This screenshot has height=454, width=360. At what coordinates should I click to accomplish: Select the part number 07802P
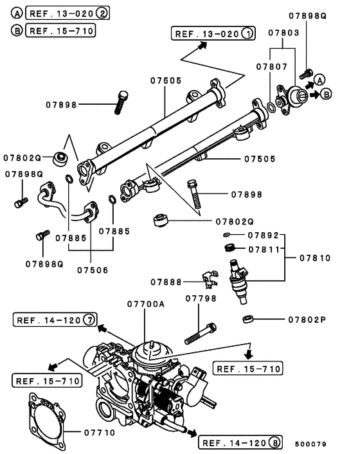(x=307, y=319)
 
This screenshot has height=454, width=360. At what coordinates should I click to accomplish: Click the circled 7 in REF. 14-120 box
(x=89, y=320)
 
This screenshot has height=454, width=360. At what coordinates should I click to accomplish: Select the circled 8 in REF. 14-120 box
(x=276, y=442)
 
